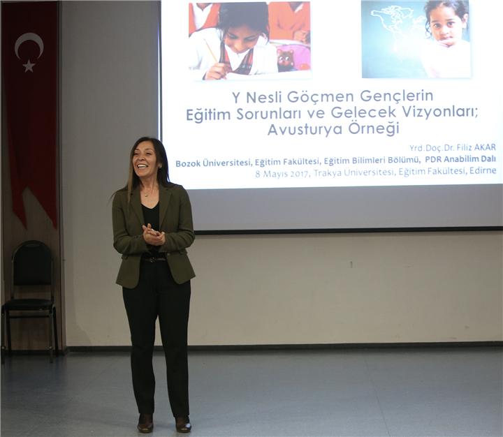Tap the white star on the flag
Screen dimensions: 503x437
[x=29, y=66]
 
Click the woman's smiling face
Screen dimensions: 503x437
[x=145, y=158]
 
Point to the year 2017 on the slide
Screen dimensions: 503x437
[x=300, y=173]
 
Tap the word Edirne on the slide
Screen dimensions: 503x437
[x=483, y=170]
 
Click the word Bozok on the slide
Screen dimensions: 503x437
[x=188, y=163]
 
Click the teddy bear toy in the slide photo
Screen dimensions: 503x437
[x=286, y=60]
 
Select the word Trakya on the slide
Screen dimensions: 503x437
[x=327, y=172]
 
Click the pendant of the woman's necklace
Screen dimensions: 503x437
[x=146, y=195]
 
